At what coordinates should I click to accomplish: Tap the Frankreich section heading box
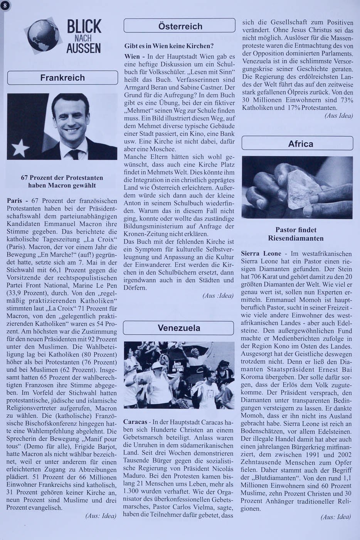click(x=62, y=78)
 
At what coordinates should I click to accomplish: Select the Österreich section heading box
click(x=180, y=26)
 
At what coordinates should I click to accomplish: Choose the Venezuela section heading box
click(x=179, y=328)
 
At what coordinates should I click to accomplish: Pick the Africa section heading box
click(x=298, y=144)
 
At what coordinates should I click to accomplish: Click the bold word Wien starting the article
click(x=132, y=57)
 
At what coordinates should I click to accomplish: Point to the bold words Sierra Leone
click(x=257, y=254)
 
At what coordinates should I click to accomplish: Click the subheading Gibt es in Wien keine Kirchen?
click(x=169, y=46)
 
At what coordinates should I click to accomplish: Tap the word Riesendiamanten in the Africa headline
click(x=296, y=238)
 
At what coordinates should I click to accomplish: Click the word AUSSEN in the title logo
click(x=83, y=48)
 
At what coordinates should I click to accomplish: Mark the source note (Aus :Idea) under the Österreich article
click(x=218, y=296)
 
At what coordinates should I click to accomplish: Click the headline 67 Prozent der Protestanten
click(x=62, y=178)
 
